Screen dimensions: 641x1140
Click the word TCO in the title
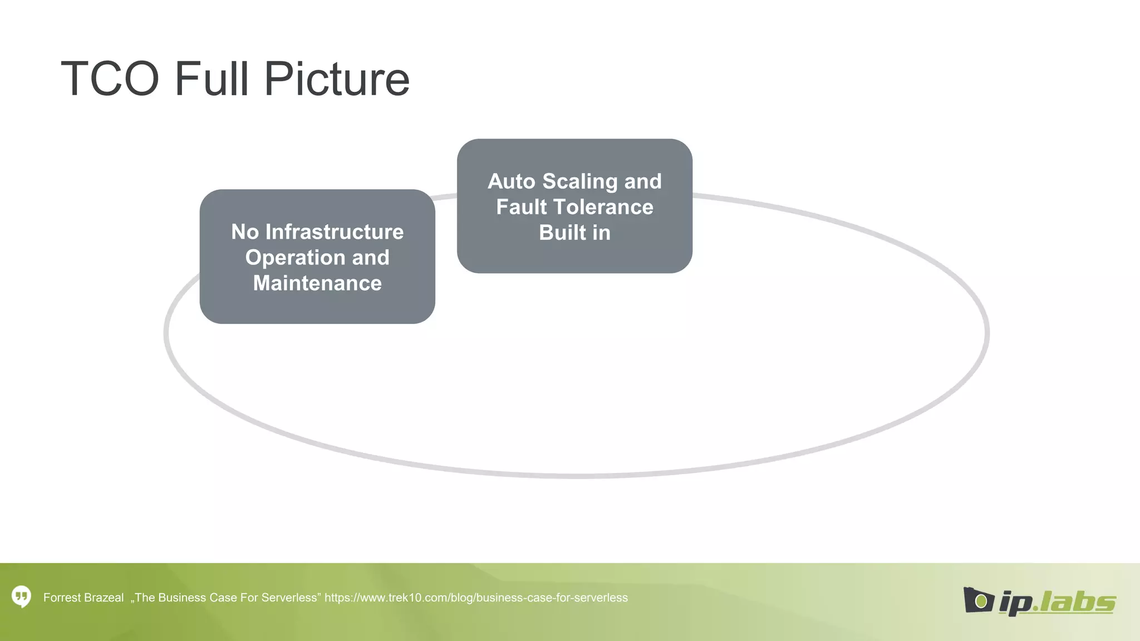coord(110,79)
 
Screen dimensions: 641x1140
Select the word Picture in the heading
coord(337,79)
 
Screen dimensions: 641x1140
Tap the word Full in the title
coord(211,79)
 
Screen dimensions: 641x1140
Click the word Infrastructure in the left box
coord(335,231)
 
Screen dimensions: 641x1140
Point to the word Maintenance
coord(317,283)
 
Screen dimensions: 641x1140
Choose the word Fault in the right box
coord(522,207)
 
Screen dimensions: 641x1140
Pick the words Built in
coord(574,233)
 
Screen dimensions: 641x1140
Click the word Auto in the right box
coord(511,181)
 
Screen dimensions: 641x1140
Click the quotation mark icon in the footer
coord(22,597)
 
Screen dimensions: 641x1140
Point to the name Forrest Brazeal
coord(83,598)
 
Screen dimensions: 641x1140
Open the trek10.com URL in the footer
coord(476,598)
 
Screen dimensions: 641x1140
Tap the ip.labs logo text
coord(1057,602)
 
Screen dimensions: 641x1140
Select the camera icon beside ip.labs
coord(978,600)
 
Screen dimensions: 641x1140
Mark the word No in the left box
coord(245,231)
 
